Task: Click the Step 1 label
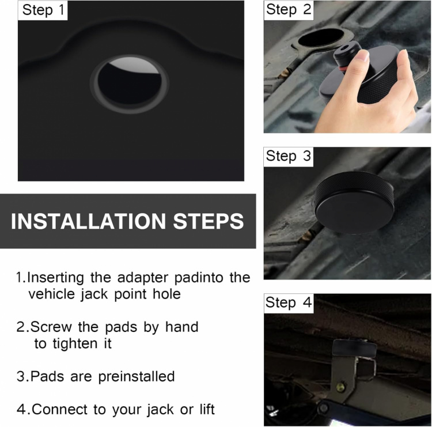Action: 43,10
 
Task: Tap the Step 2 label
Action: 289,10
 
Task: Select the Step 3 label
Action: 289,156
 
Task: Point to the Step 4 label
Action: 289,303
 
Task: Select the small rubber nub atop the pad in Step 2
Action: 347,50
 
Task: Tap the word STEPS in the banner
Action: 209,222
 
